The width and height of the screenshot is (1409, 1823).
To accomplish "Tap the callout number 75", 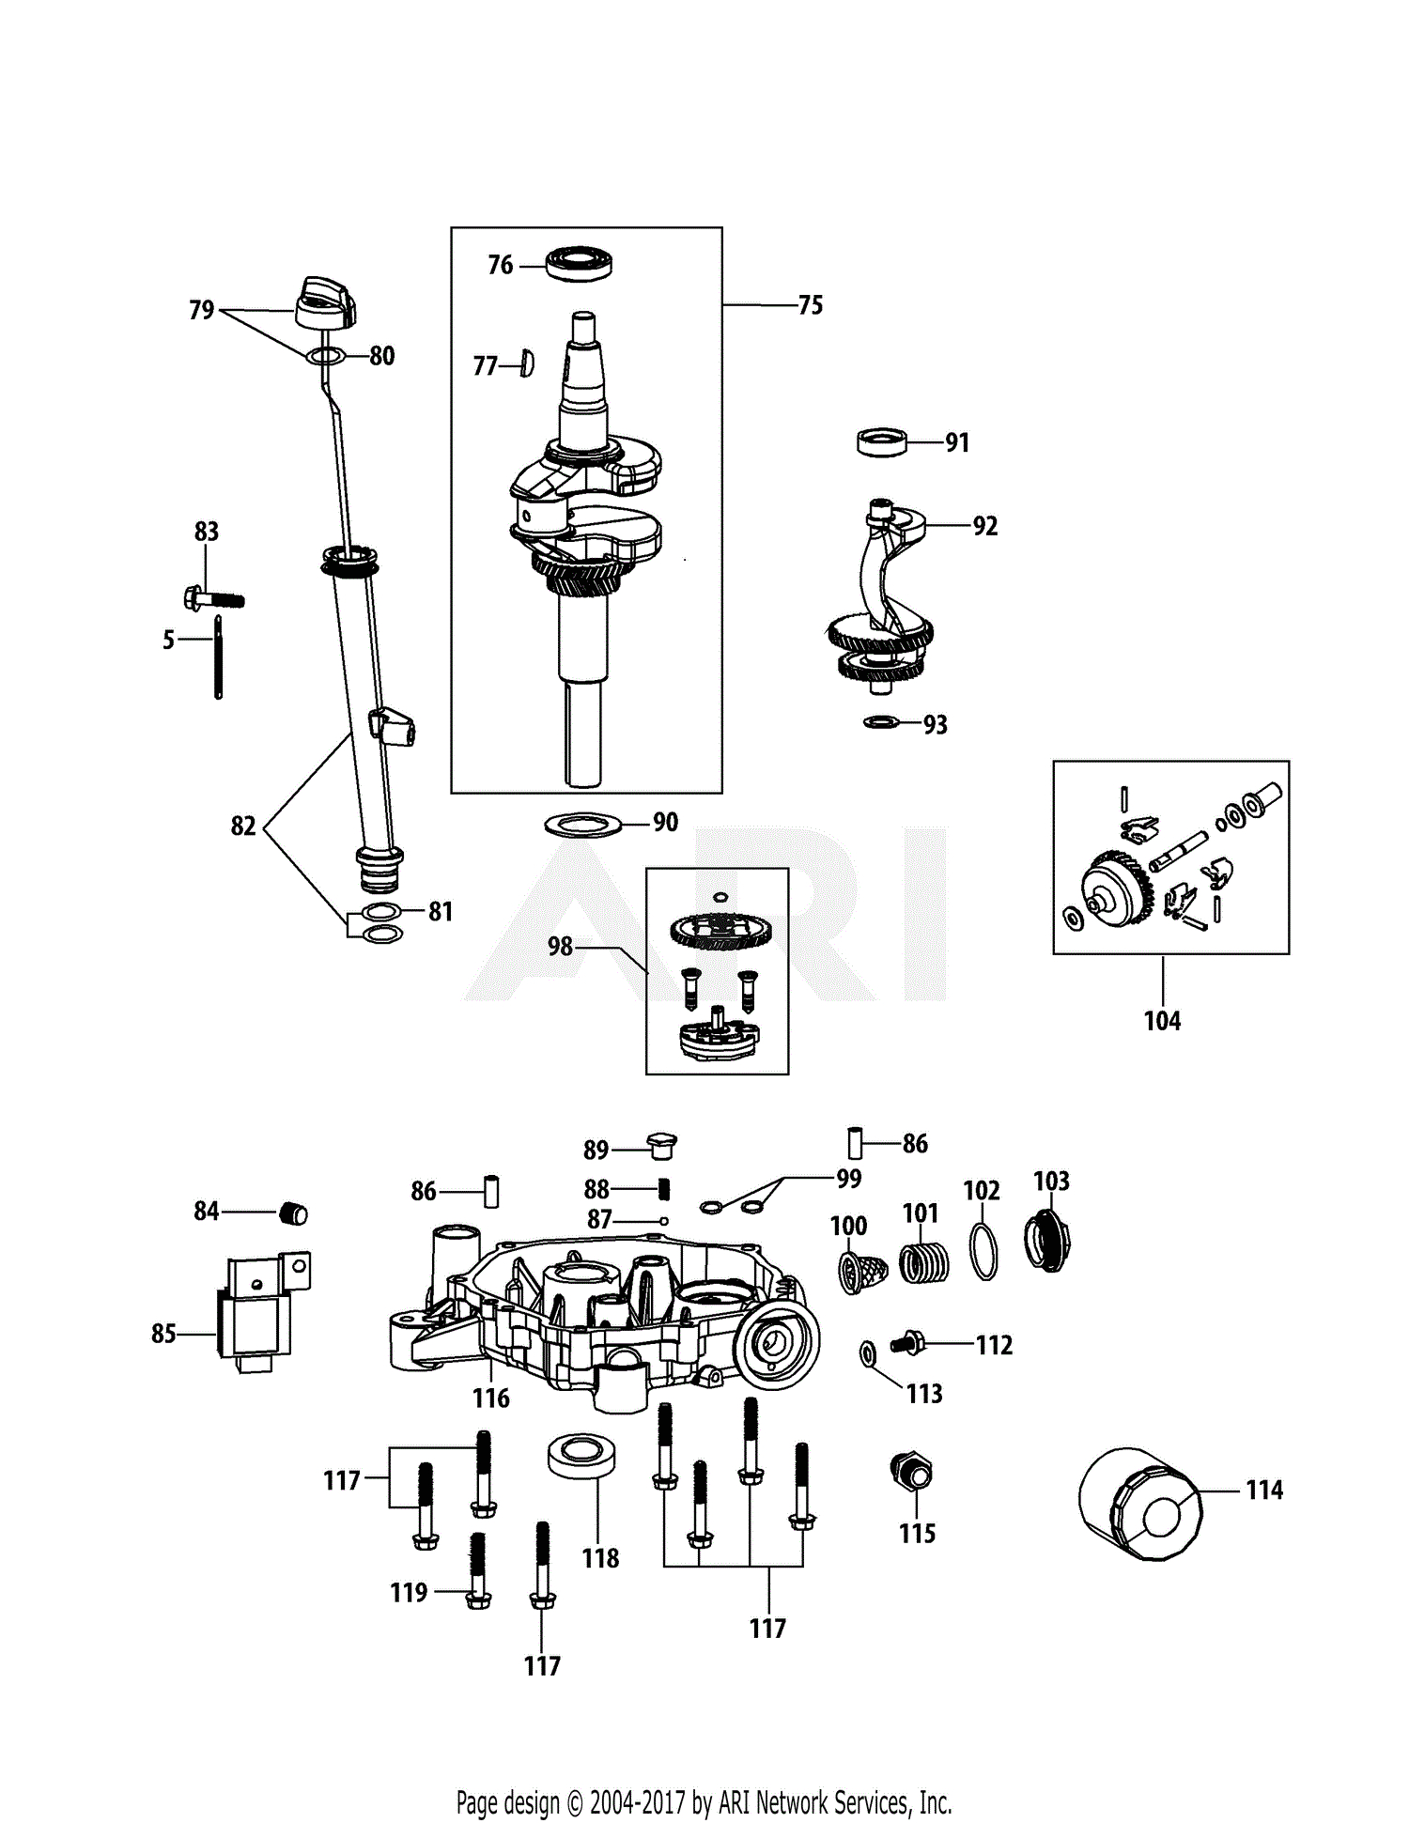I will pos(810,305).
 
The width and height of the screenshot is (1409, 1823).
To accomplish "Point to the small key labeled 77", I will pos(527,363).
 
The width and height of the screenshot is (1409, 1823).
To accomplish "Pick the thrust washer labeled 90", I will pos(583,825).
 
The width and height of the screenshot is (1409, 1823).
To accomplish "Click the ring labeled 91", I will pos(882,441).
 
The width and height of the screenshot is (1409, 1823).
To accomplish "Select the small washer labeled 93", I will pos(880,722).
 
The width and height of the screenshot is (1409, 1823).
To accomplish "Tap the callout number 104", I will pos(1162,1021).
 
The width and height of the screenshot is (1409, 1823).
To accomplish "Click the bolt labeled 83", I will pos(214,598).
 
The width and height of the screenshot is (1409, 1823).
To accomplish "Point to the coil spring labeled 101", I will pos(924,1262).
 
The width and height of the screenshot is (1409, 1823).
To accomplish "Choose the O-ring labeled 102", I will pos(983,1253).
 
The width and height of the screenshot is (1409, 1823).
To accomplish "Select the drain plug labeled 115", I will pos(911,1472).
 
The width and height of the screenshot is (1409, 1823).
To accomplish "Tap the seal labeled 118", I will pos(581,1456).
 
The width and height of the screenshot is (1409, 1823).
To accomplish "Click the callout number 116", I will pos(491,1398).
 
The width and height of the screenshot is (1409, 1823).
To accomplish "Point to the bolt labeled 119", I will pos(478,1571).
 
